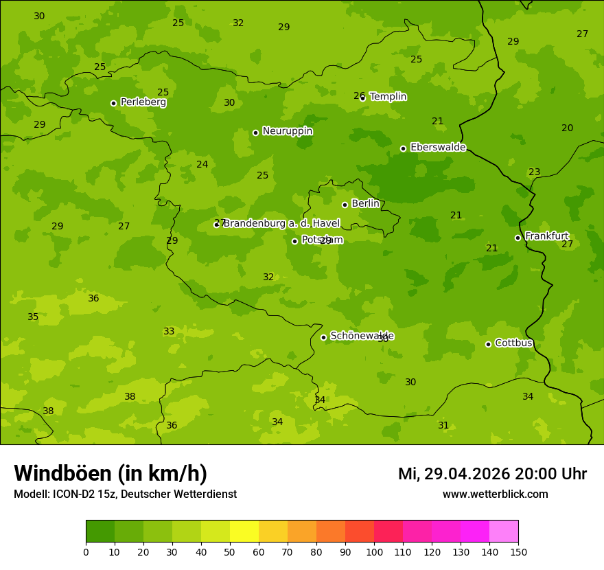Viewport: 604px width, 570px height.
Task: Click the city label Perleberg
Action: click(x=143, y=102)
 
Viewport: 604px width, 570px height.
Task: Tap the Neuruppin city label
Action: click(x=287, y=131)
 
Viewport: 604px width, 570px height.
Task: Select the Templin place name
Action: click(x=388, y=97)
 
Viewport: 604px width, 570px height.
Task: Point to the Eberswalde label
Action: click(x=438, y=148)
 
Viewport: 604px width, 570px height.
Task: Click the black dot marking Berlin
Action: click(x=345, y=205)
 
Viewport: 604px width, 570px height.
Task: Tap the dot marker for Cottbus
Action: click(x=488, y=344)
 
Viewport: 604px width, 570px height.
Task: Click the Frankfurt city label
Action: click(x=546, y=236)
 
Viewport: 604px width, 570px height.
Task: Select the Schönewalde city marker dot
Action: click(x=323, y=337)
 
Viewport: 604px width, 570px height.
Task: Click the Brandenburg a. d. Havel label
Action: click(x=281, y=224)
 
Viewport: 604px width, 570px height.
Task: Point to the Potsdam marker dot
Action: click(x=294, y=241)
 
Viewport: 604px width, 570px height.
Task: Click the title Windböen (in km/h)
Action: click(x=111, y=473)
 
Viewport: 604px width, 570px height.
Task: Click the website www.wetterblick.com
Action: click(x=495, y=494)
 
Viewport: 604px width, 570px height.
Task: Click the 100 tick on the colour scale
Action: click(x=374, y=551)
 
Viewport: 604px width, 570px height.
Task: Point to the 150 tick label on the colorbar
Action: click(x=518, y=551)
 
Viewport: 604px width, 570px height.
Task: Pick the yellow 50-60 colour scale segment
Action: click(x=244, y=532)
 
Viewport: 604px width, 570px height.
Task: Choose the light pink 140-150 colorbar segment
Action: click(x=504, y=532)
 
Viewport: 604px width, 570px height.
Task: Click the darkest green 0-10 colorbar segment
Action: click(x=100, y=532)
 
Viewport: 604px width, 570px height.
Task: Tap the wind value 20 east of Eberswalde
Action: click(x=567, y=128)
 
